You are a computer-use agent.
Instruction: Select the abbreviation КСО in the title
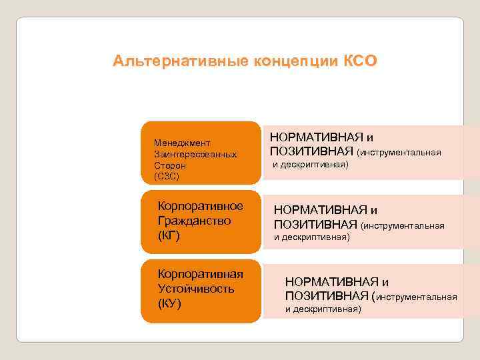(x=361, y=61)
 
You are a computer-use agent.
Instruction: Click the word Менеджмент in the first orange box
(x=182, y=143)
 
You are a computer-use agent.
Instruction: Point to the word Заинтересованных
(x=195, y=154)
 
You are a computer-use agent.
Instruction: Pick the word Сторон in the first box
(x=170, y=165)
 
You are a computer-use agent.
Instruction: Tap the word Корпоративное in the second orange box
(x=200, y=205)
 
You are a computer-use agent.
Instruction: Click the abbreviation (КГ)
(x=169, y=236)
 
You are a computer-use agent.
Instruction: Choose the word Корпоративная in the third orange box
(x=200, y=274)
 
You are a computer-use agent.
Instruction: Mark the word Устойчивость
(x=195, y=289)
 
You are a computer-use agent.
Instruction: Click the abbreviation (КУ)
(x=169, y=304)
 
